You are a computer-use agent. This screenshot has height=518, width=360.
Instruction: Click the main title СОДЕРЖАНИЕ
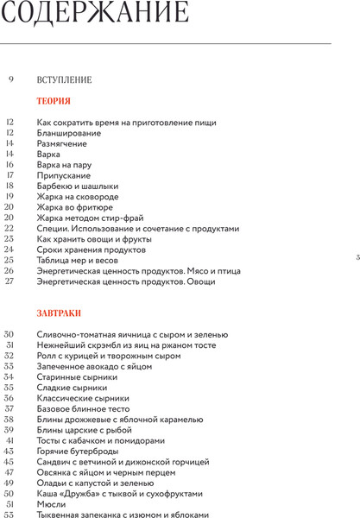pyautogui.click(x=96, y=15)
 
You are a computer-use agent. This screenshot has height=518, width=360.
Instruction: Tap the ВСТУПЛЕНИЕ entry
pyautogui.click(x=65, y=80)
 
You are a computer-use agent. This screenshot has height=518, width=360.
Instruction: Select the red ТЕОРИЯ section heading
pyautogui.click(x=54, y=101)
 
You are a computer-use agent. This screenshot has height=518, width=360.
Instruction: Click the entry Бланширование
pyautogui.click(x=69, y=133)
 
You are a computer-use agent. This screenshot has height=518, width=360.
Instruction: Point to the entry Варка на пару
pyautogui.click(x=65, y=165)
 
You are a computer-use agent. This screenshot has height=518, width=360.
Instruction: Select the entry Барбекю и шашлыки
pyautogui.click(x=78, y=186)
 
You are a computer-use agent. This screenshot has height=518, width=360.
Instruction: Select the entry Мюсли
pyautogui.click(x=51, y=503)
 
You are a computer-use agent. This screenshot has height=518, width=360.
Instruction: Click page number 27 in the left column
pyautogui.click(x=9, y=281)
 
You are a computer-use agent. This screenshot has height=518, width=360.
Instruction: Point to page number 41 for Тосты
pyautogui.click(x=9, y=440)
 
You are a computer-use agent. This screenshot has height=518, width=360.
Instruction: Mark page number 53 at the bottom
pyautogui.click(x=9, y=514)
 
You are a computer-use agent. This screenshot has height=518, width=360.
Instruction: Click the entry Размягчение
pyautogui.click(x=62, y=143)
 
